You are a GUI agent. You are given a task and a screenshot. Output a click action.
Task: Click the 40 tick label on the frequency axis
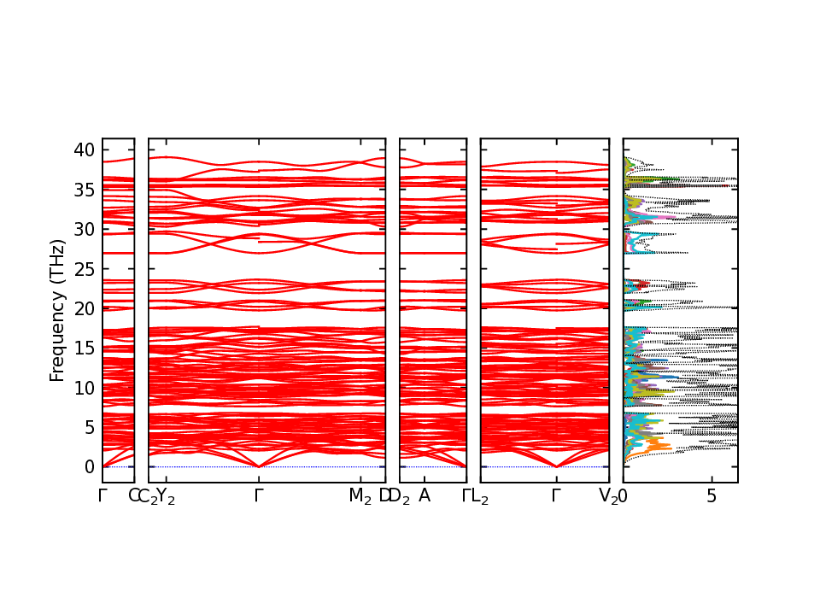pos(84,150)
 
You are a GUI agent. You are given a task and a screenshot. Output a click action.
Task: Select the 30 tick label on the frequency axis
pos(84,229)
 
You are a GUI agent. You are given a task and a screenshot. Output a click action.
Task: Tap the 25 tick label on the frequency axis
pos(84,269)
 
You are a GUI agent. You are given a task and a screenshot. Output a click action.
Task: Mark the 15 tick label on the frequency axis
pos(84,348)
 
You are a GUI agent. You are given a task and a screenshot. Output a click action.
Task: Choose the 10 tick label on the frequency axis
pos(84,388)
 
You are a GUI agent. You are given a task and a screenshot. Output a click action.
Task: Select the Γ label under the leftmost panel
pos(102,496)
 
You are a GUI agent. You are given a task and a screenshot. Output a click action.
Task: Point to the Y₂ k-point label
pos(166,497)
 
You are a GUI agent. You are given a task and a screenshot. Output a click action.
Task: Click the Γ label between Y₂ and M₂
pos(258,496)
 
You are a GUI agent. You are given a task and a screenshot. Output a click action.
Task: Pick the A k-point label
pos(425,496)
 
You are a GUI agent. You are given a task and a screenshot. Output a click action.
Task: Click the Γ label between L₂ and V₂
pos(556,496)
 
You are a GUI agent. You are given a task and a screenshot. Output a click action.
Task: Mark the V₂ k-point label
pos(608,497)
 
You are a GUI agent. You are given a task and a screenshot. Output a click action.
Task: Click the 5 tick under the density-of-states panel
pos(712,496)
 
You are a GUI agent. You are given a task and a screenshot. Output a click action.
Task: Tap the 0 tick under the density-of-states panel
pos(624,496)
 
